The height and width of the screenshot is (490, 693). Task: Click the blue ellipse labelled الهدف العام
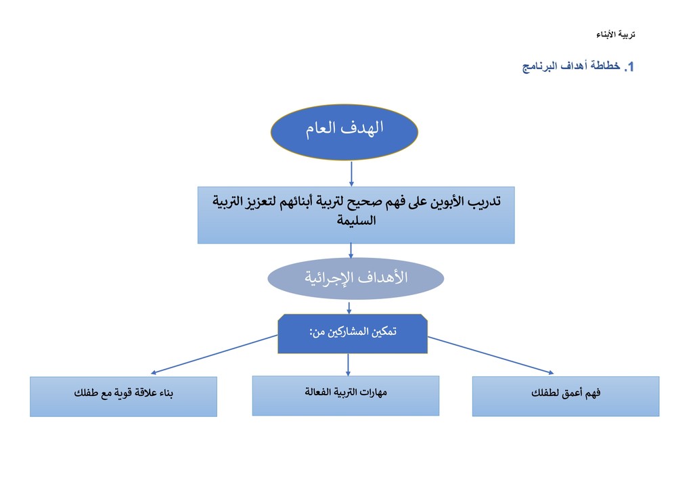344,132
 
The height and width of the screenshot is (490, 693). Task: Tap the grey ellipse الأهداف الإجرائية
356,278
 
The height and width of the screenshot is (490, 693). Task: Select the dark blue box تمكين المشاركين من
353,334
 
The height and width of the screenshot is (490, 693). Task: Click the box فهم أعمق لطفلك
566,397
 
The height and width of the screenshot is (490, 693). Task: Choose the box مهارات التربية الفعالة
346,395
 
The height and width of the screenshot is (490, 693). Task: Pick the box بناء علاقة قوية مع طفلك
123,397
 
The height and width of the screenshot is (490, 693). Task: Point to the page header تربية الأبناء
616,35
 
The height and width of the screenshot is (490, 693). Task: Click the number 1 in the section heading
631,67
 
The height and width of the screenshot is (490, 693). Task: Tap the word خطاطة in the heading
605,66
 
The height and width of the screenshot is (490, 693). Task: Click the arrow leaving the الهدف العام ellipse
351,174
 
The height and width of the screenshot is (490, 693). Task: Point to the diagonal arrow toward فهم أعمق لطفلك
491,355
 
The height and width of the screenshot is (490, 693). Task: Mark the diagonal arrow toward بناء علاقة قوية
214,355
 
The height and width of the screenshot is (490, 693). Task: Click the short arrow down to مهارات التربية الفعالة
349,365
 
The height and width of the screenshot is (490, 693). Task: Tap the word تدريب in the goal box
485,202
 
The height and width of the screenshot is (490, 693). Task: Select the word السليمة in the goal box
356,220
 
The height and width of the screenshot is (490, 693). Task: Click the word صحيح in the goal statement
363,202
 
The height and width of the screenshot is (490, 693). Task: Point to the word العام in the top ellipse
321,129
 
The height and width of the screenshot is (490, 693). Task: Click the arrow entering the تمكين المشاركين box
349,308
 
